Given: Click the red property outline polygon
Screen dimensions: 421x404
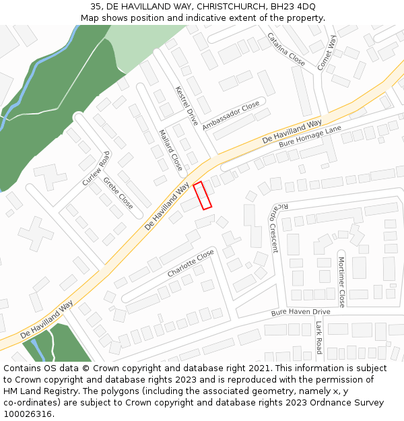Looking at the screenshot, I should pyautogui.click(x=203, y=195).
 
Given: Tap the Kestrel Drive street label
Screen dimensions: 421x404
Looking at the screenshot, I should pyautogui.click(x=186, y=106).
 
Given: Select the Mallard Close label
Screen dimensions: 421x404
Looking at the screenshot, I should pyautogui.click(x=170, y=150).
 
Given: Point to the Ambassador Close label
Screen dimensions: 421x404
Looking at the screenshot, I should pyautogui.click(x=231, y=115).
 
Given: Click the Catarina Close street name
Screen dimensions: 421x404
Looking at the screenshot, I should pyautogui.click(x=286, y=49).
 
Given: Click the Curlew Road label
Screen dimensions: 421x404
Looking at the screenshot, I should pyautogui.click(x=96, y=169).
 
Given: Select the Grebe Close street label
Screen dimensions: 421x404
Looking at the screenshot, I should pyautogui.click(x=119, y=193).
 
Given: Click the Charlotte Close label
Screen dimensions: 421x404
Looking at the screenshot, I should pyautogui.click(x=191, y=263).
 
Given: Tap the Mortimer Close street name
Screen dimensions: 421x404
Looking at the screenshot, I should pyautogui.click(x=341, y=282).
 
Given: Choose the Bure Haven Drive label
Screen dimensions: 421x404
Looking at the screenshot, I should pyautogui.click(x=300, y=313).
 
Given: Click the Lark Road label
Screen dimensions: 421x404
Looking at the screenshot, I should pyautogui.click(x=318, y=337).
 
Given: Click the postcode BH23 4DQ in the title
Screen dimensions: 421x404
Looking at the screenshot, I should pyautogui.click(x=297, y=6).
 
